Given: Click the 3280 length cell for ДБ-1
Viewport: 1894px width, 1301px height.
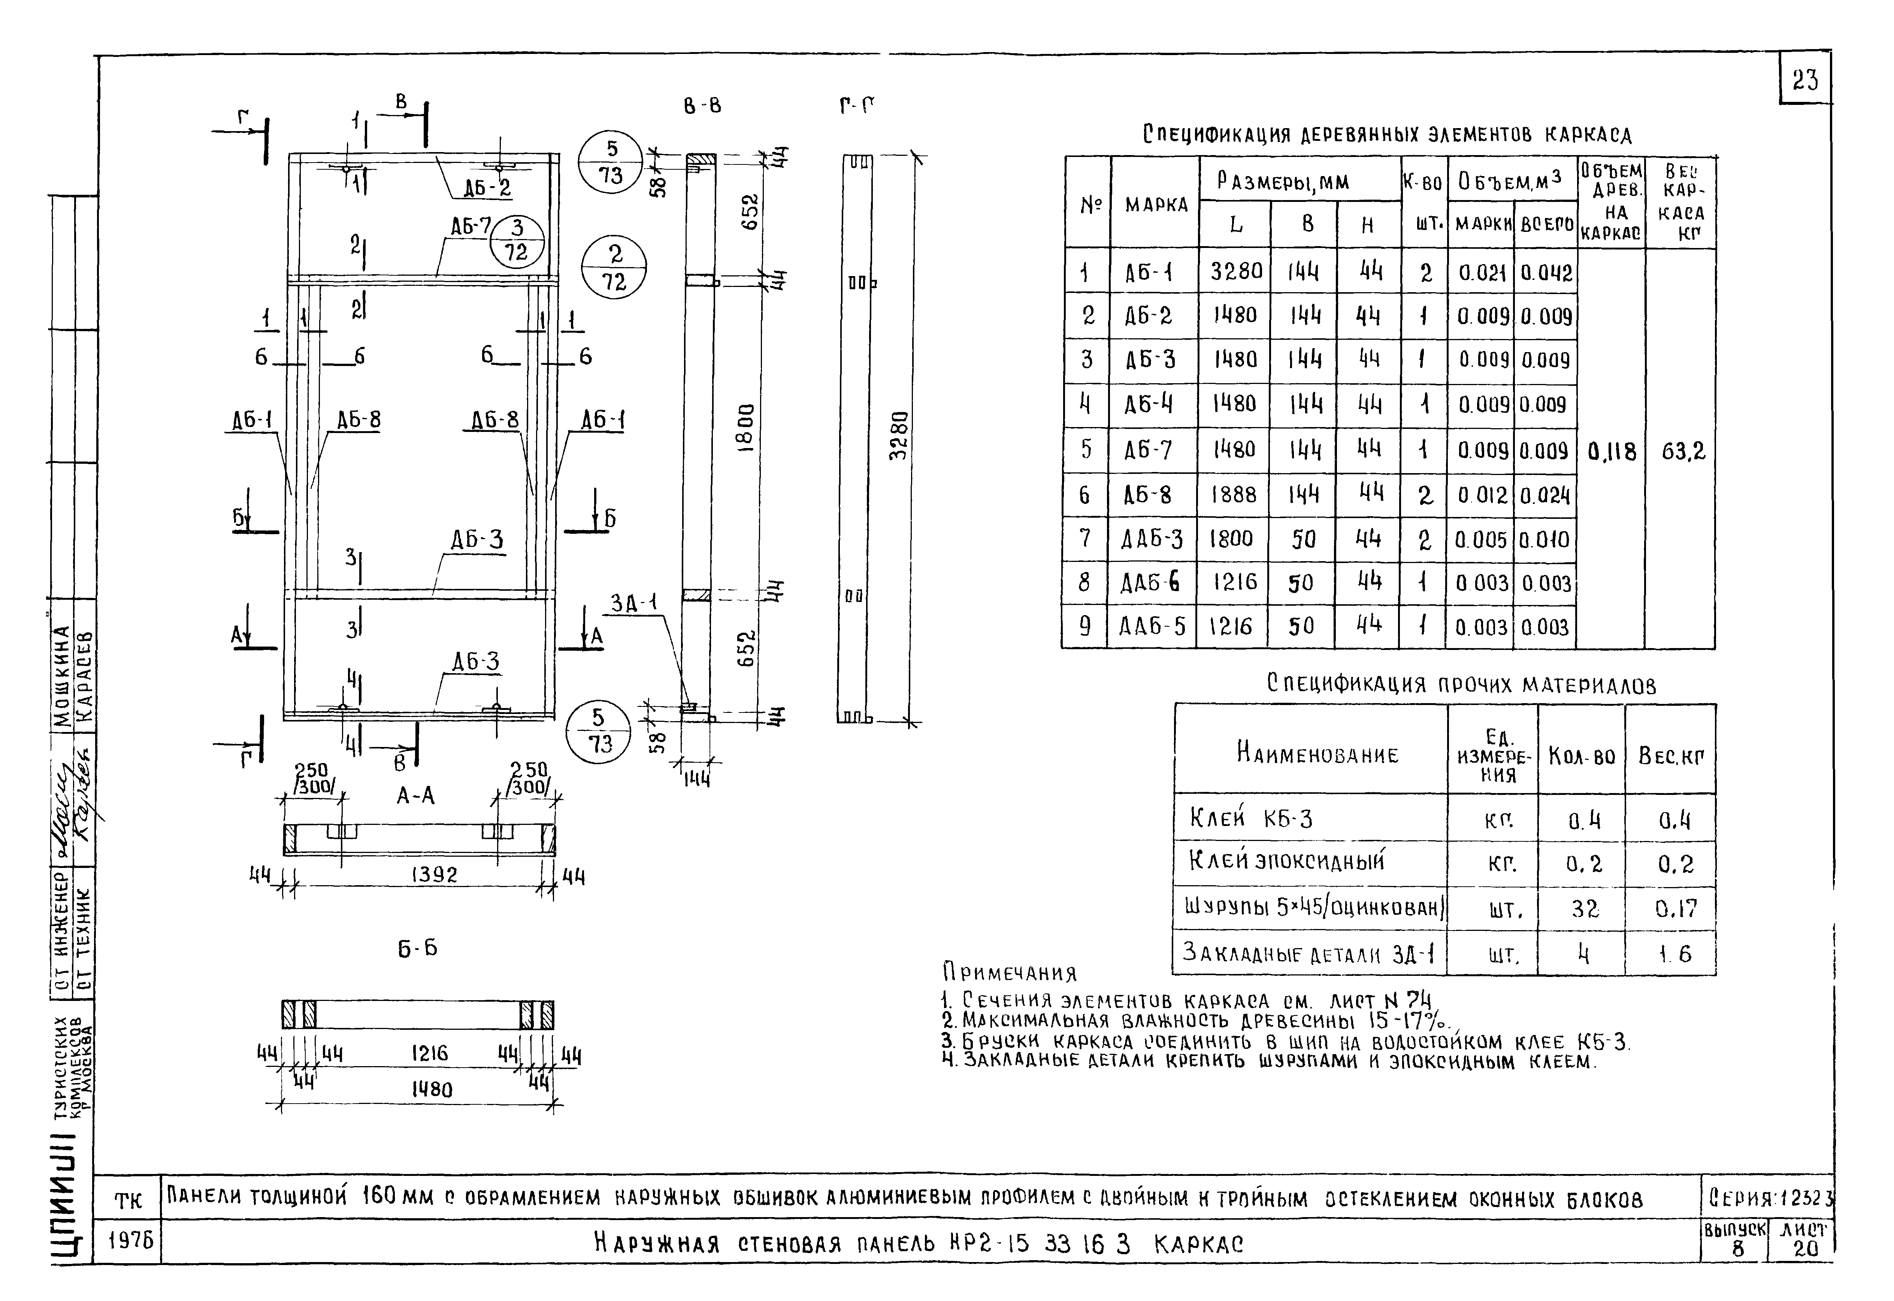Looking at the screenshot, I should click(1235, 270).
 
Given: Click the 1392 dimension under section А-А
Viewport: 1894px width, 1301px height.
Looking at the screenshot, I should click(435, 875).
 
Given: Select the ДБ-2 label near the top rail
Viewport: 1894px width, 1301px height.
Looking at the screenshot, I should click(487, 188).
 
